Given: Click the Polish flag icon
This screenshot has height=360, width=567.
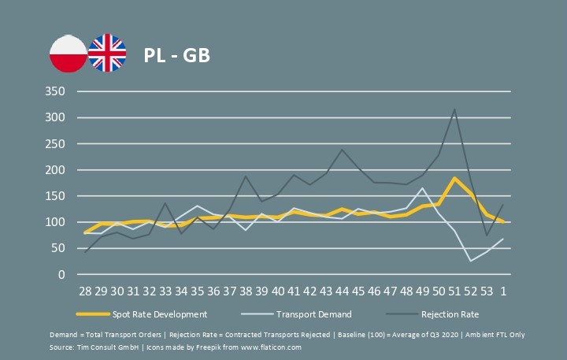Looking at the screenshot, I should coord(68,54).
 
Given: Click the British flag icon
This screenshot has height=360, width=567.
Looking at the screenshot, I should coord(106,54).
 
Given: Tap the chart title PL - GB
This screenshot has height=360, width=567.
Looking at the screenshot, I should coord(176,56).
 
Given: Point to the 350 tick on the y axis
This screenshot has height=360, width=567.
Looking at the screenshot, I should coord(54,91).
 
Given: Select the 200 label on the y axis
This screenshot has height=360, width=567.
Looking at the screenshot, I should coord(54,170).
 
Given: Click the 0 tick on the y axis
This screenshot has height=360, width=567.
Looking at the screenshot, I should coord(60,275).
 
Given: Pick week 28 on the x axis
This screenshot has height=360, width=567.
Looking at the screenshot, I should coord(84,291).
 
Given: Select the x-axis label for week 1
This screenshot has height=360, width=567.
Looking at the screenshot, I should coord(502,291).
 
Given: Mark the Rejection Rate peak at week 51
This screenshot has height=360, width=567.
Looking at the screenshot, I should coord(454,109).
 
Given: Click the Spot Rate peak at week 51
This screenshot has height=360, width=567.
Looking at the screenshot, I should coord(454,178).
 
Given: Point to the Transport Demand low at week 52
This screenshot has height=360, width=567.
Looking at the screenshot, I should coord(470,261).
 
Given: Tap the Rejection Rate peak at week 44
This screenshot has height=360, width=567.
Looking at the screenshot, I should coord(342,150).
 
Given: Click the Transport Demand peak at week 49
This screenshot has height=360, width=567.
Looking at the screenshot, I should coord(422,187).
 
